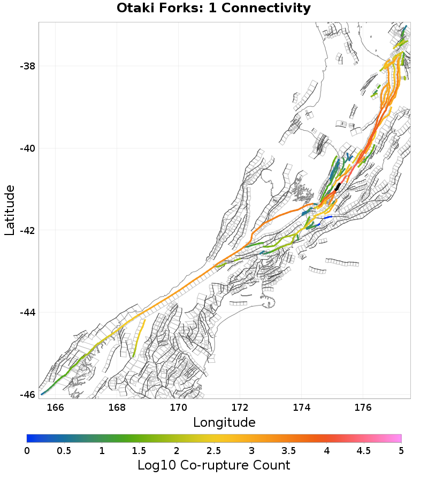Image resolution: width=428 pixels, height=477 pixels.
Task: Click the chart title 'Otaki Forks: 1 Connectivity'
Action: [213, 9]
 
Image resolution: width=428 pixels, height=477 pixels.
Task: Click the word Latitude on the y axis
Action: [10, 210]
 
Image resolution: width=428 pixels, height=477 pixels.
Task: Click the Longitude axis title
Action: [224, 423]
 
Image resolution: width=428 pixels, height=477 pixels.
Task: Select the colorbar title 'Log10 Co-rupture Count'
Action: [213, 465]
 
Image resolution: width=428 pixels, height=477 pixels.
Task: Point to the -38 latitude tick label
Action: [27, 66]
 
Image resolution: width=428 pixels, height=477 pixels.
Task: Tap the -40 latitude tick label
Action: [27, 148]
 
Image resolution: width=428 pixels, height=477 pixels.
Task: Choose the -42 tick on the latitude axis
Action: [27, 230]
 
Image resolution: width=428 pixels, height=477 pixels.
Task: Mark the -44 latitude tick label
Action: [27, 312]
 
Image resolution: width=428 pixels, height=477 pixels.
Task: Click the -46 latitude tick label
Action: [27, 394]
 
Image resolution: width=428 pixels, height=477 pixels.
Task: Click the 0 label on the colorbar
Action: [27, 450]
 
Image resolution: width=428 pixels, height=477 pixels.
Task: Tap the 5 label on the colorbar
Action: [401, 450]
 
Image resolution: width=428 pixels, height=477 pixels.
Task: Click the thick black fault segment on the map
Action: [338, 186]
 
